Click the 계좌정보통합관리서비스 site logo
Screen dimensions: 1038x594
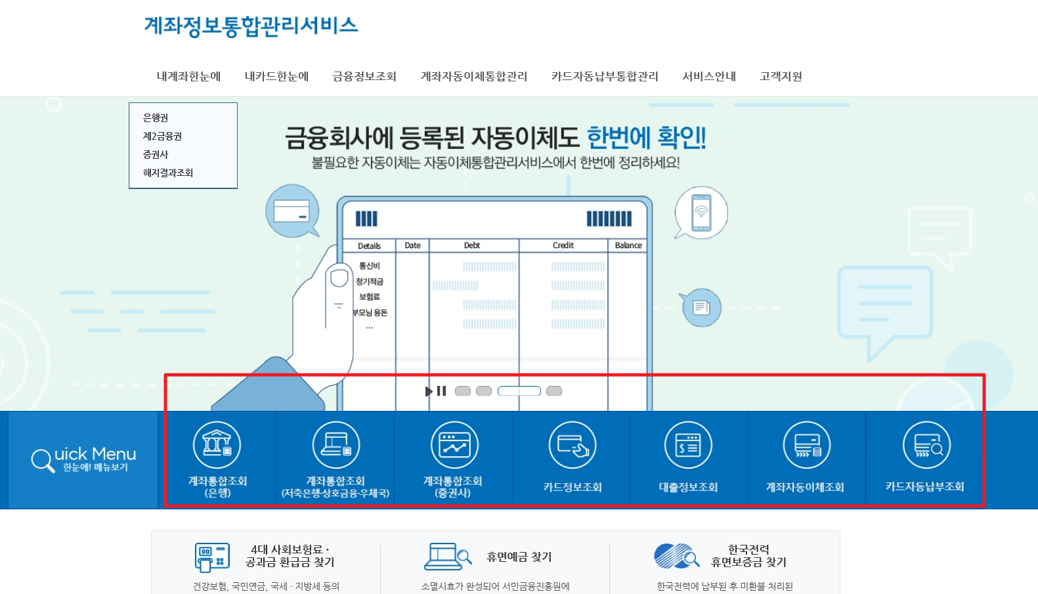tap(250, 26)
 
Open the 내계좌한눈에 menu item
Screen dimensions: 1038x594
tap(188, 76)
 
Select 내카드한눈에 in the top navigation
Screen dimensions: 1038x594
tap(276, 76)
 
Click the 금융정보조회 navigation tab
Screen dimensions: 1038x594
tap(364, 76)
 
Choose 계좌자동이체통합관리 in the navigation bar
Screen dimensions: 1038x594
tap(473, 76)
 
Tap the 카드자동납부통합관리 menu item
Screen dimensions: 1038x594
tap(604, 76)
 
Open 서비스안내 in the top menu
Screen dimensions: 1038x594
tap(709, 76)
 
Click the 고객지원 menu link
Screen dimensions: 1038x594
tap(781, 76)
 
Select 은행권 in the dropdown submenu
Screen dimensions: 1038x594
tap(156, 117)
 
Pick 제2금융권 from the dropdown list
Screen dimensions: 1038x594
tap(162, 136)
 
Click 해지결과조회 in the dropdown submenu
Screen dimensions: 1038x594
tap(168, 173)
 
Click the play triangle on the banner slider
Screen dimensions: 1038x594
tap(429, 391)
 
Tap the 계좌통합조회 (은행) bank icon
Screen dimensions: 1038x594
tap(217, 445)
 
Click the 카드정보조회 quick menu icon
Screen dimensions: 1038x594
tap(572, 445)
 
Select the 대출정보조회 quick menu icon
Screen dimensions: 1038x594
tap(688, 445)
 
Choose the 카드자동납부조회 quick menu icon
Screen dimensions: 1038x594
tap(926, 445)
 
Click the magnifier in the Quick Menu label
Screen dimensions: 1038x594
tap(42, 460)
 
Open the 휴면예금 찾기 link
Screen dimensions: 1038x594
tap(519, 557)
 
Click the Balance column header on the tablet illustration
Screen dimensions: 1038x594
tap(628, 245)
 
